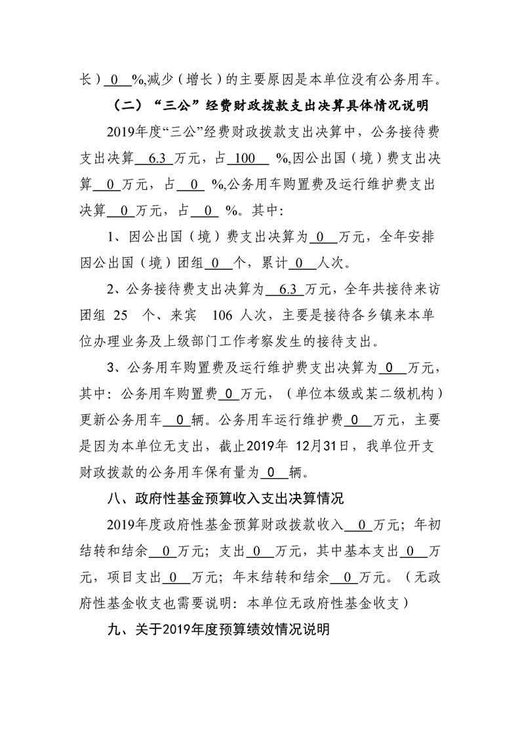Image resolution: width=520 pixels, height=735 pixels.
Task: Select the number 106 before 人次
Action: click(x=224, y=314)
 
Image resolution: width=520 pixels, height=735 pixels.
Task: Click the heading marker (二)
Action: click(x=126, y=105)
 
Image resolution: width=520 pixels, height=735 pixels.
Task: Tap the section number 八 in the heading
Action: click(x=113, y=499)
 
